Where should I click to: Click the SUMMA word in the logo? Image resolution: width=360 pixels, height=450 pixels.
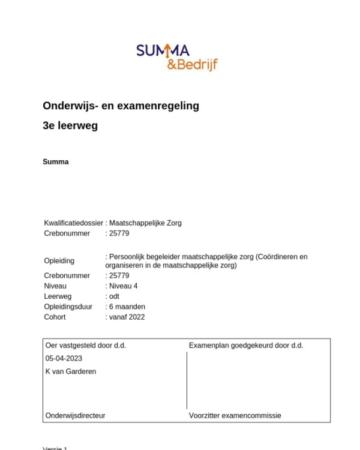163,52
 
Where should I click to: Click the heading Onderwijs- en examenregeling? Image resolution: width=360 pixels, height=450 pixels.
121,106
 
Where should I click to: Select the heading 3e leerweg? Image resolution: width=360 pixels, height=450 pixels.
70,126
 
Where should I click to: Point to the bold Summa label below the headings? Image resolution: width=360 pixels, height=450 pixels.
56,162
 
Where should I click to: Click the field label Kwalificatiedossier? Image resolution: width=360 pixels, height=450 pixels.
73,223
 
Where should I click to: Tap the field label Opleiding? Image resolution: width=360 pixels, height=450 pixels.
59,261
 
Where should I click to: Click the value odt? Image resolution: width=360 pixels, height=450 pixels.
114,296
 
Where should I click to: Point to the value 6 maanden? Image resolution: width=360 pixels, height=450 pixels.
127,307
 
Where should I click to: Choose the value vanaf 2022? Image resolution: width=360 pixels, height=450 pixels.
127,317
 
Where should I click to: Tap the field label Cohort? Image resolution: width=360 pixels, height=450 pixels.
55,317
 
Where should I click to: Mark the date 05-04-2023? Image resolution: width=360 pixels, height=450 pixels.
64,358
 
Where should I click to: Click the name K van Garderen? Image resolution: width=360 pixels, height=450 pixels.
71,371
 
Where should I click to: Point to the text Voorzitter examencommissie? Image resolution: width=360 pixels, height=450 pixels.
235,415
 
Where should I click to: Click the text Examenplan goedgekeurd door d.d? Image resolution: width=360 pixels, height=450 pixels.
246,345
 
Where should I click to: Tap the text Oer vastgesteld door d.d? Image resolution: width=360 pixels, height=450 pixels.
86,345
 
